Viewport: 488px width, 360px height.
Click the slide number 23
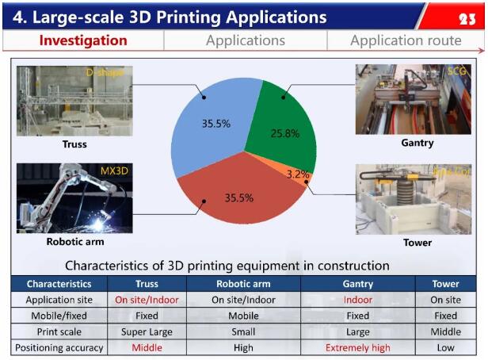(467, 17)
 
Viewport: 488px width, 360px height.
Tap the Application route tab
(405, 40)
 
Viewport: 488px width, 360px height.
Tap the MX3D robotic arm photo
(74, 198)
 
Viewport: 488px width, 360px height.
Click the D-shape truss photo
(74, 101)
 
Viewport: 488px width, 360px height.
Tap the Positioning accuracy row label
(59, 347)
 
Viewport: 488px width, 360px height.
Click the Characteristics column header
(59, 283)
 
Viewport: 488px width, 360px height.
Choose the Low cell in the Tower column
(445, 347)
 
